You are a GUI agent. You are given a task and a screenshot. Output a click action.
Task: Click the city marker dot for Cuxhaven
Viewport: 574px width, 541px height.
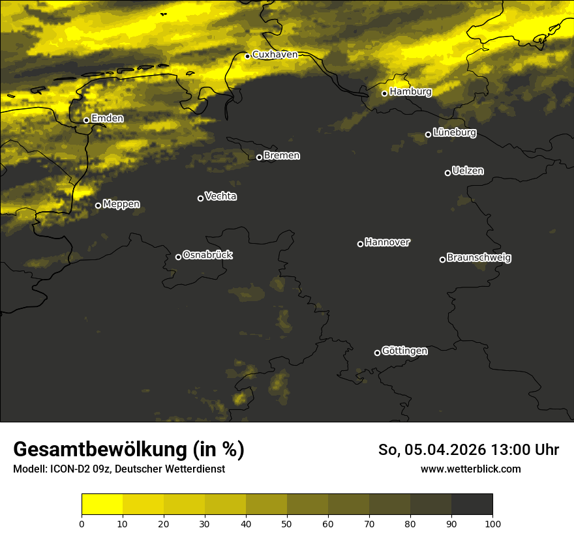(248, 56)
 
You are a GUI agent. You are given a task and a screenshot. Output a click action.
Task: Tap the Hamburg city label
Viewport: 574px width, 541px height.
(410, 92)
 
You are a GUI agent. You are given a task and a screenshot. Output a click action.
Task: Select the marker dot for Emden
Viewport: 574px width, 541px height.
(86, 120)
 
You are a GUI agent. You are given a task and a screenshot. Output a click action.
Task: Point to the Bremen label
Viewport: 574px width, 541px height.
(282, 156)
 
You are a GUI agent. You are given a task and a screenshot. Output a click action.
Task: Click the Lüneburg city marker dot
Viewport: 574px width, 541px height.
(429, 134)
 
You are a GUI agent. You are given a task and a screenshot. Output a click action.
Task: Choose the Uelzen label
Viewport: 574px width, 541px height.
(468, 171)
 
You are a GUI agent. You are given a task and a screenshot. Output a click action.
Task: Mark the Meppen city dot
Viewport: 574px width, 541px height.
(98, 205)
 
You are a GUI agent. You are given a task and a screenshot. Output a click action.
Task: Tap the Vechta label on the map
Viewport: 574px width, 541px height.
(220, 196)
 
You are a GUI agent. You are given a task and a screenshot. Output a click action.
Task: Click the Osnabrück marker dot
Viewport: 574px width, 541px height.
(179, 257)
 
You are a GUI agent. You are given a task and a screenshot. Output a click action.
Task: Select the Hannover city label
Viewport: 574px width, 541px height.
(387, 242)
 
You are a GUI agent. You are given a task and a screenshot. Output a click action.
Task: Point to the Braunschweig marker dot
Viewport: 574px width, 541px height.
(442, 259)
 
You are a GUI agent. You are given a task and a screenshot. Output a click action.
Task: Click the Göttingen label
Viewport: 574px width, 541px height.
(404, 351)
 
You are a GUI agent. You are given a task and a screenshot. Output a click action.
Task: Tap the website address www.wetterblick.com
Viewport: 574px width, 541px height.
(470, 469)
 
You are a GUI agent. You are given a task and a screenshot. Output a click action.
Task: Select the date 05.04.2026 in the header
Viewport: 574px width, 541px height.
(443, 450)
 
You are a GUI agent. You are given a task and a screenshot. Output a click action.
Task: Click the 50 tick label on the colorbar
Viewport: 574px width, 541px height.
(287, 523)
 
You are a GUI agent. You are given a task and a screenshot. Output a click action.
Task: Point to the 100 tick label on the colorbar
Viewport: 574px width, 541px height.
(492, 523)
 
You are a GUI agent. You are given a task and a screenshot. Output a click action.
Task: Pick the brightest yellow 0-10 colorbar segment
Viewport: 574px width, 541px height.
(102, 504)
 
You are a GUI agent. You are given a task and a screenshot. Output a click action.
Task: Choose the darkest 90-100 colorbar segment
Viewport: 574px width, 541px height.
(472, 504)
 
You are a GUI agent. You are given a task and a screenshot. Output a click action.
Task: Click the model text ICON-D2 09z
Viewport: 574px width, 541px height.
(79, 469)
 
